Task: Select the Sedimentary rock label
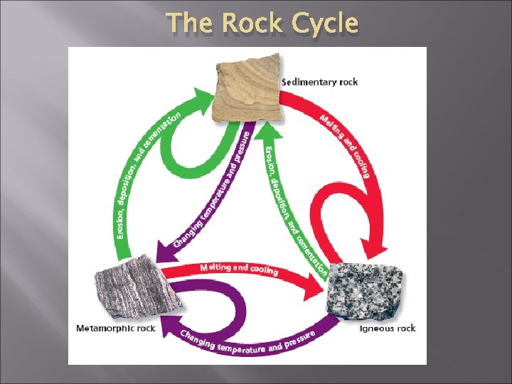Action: tap(319, 82)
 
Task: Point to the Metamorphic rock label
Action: tap(115, 329)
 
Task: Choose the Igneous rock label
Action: tap(387, 329)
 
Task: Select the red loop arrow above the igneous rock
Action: tap(334, 213)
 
